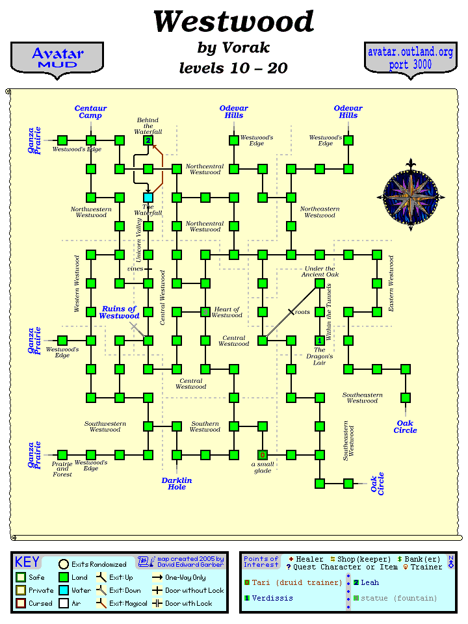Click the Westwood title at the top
pyautogui.click(x=233, y=21)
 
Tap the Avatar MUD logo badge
pyautogui.click(x=57, y=58)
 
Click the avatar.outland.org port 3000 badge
pyautogui.click(x=410, y=58)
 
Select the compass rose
pyautogui.click(x=409, y=196)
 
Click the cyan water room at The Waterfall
pyautogui.click(x=148, y=197)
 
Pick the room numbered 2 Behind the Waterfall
pyautogui.click(x=148, y=140)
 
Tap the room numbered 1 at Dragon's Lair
pyautogui.click(x=320, y=340)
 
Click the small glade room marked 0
pyautogui.click(x=263, y=454)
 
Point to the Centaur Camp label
pyautogui.click(x=90, y=112)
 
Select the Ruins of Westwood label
pyautogui.click(x=120, y=313)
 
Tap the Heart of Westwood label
pyautogui.click(x=227, y=313)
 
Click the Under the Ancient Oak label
pyautogui.click(x=320, y=271)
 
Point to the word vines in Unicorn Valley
pyautogui.click(x=135, y=268)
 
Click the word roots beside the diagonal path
pyautogui.click(x=302, y=313)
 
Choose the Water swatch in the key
pyautogui.click(x=64, y=590)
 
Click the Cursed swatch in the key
pyautogui.click(x=21, y=603)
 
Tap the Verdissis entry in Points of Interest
pyautogui.click(x=272, y=598)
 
